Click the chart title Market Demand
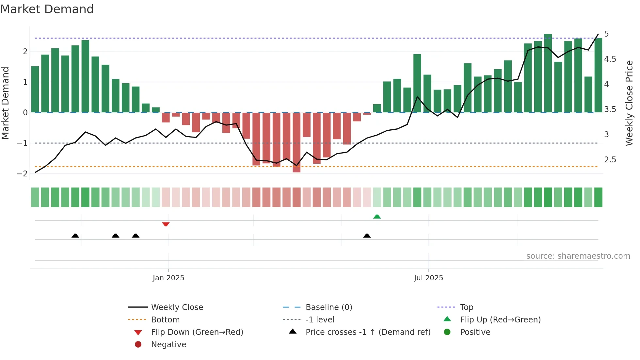point(47,9)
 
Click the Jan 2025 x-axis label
point(168,278)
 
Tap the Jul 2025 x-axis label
point(428,278)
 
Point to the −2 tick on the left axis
point(22,174)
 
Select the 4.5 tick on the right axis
point(610,59)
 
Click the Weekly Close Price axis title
point(629,103)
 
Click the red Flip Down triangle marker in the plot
point(166,224)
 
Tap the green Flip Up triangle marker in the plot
point(377,217)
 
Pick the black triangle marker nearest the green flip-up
point(367,236)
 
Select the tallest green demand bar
point(548,73)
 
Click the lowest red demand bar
point(296,142)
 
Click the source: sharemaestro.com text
point(578,256)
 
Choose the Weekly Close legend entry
point(177,307)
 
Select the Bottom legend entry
point(165,320)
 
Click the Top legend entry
point(466,307)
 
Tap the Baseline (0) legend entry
point(328,307)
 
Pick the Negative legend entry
point(168,345)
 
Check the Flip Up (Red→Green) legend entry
point(500,320)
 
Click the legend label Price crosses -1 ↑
point(368,332)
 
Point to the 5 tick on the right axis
point(606,34)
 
